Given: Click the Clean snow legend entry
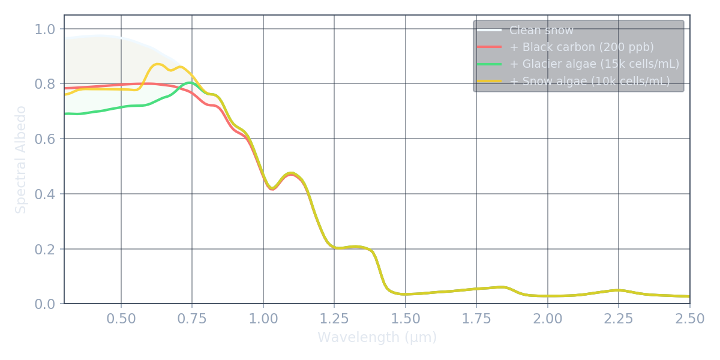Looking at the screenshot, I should (x=541, y=31).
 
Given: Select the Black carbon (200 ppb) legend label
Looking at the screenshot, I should (x=581, y=47).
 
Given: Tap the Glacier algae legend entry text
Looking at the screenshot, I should (x=594, y=64).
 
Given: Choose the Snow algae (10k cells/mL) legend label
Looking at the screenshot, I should (x=589, y=82).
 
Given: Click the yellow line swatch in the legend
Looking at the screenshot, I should (x=489, y=82).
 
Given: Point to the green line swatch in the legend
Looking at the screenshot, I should (x=489, y=64).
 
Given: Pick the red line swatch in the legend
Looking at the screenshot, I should (x=489, y=47).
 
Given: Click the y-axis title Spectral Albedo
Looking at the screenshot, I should (x=21, y=160).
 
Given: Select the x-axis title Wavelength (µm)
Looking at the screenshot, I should (x=377, y=337).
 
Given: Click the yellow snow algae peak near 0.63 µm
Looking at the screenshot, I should (x=158, y=64).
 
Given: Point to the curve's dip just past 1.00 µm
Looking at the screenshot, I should (x=272, y=188).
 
